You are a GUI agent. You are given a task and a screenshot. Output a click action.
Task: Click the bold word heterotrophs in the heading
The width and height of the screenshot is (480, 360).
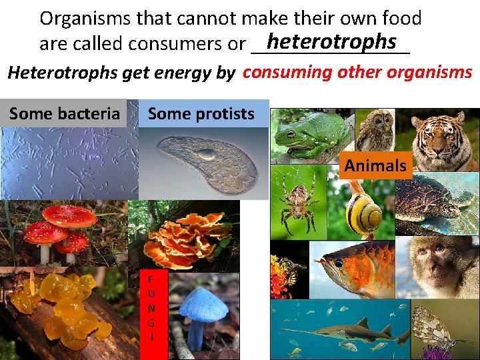tap(331, 41)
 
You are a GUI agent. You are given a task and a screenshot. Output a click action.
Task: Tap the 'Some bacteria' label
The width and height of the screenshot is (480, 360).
tap(64, 113)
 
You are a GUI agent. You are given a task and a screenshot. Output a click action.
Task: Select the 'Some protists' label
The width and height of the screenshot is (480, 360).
tap(201, 113)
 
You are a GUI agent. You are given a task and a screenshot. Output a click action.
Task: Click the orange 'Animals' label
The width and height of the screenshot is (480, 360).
tap(375, 165)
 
